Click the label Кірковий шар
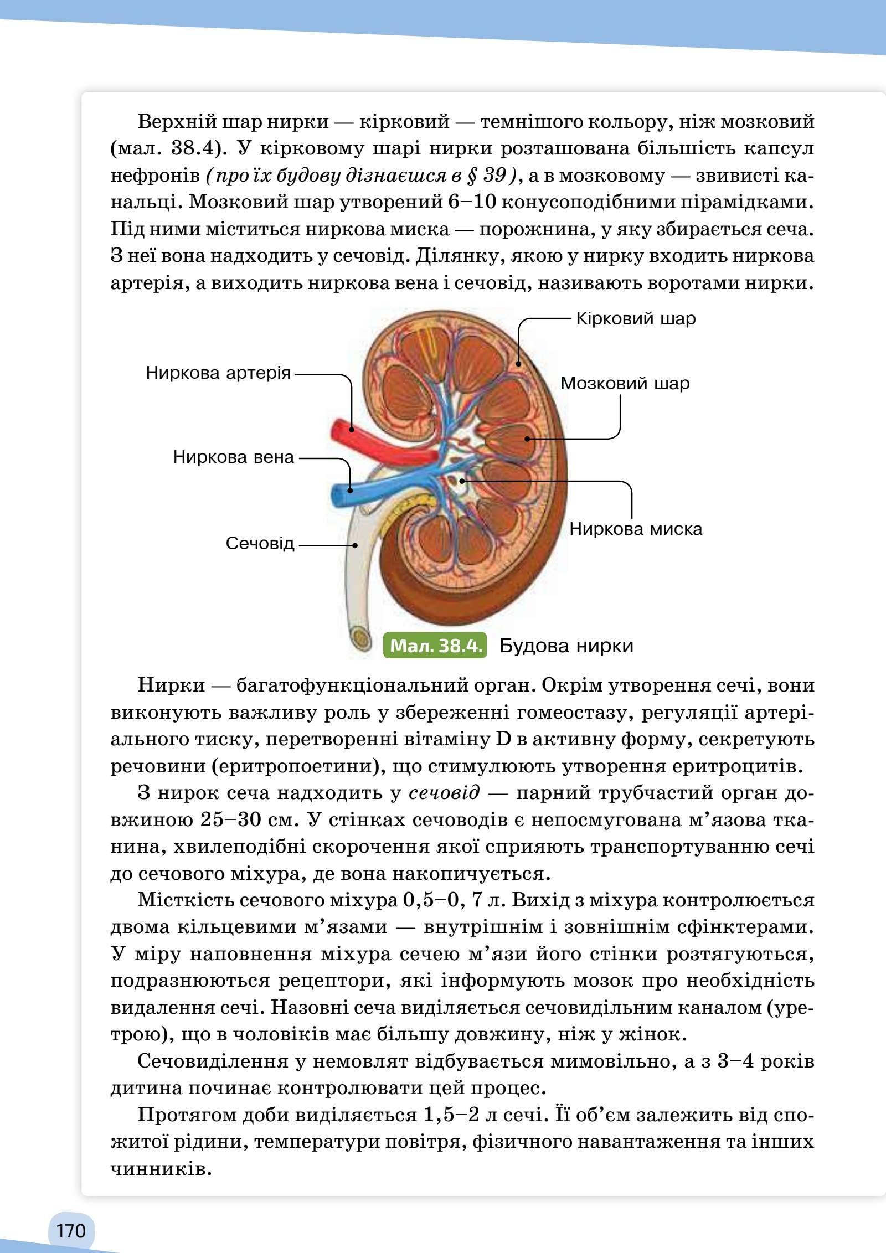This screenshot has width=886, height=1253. [636, 319]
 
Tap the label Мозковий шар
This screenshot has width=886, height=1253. [625, 383]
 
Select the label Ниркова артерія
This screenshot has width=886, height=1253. [218, 373]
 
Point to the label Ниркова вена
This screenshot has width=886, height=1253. [233, 457]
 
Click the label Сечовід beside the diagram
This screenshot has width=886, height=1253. [260, 543]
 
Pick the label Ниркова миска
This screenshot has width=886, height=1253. [636, 529]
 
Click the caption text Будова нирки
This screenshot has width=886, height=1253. [566, 646]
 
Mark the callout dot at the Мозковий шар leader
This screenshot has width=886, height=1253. [527, 439]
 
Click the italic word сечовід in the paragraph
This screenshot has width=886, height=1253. [444, 793]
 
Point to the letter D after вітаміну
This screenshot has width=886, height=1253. [498, 739]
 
